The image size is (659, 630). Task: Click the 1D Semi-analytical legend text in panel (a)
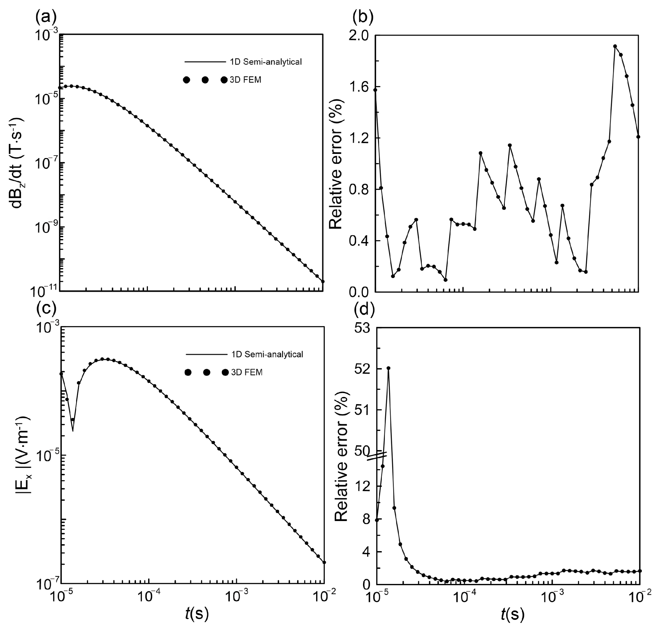click(x=266, y=62)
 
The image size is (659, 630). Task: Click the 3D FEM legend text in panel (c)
click(x=247, y=372)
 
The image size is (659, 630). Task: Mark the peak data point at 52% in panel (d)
click(x=388, y=368)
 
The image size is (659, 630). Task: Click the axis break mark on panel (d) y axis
click(x=377, y=456)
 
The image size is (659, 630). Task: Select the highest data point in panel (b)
click(x=615, y=46)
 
